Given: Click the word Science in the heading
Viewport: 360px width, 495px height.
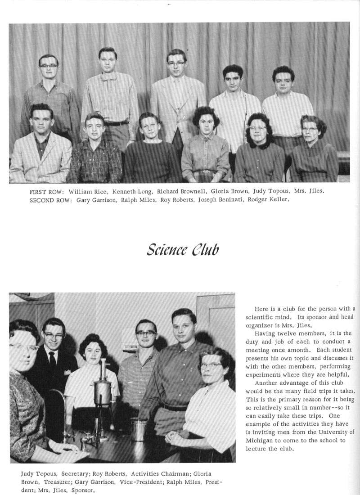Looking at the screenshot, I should point(165,249).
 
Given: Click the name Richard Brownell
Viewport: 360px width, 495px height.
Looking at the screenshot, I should point(181,191).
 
